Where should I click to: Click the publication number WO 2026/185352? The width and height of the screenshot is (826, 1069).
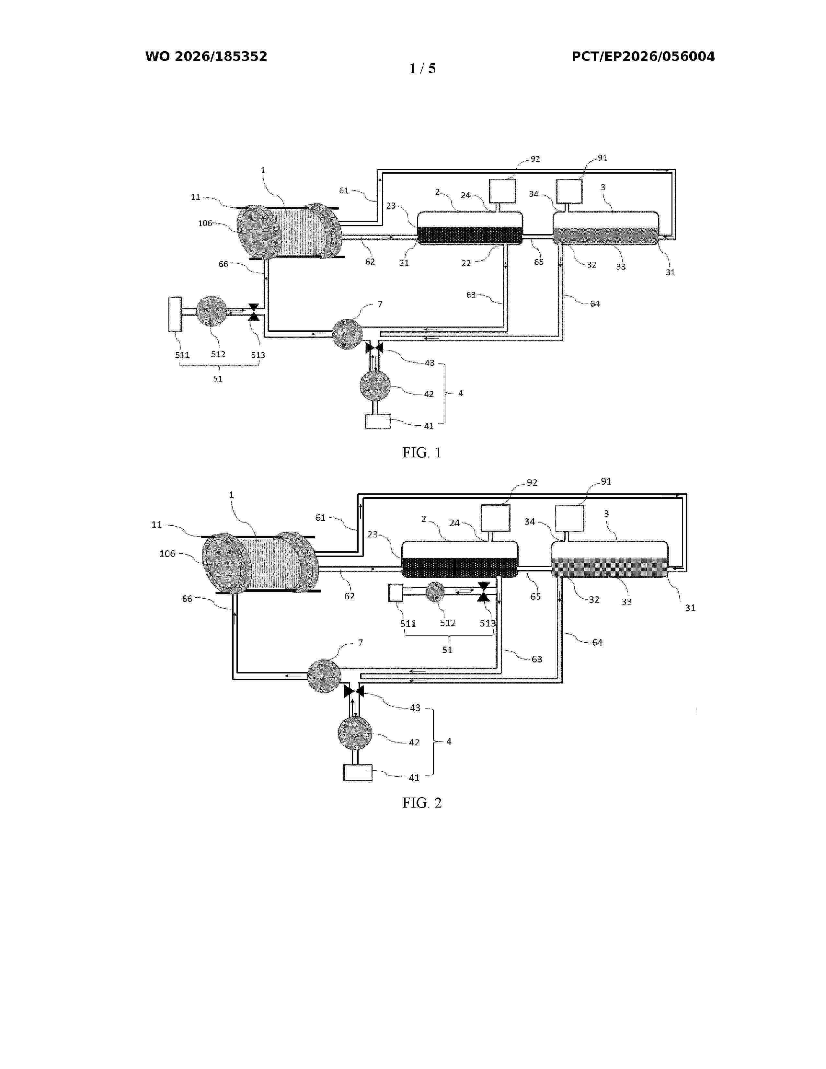coord(206,56)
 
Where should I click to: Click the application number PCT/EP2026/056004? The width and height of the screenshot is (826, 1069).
coord(643,56)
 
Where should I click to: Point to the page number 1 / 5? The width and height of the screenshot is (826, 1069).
coord(422,69)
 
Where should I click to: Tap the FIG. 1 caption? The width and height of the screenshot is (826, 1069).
coord(422,453)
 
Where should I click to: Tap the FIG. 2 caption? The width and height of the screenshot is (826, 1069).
coord(422,803)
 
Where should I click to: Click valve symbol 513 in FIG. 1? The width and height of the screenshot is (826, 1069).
coord(254,312)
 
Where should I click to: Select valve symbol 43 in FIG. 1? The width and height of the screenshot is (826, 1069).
coord(374,348)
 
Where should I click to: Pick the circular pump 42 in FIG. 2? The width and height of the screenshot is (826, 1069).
coord(355,733)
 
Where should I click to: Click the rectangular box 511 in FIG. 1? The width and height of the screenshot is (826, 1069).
coord(175,314)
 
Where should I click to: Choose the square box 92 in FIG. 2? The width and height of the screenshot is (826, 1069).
coord(495,518)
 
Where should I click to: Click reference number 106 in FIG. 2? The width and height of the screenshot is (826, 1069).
coord(167,554)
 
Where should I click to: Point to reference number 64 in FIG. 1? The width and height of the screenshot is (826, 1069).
coord(594,304)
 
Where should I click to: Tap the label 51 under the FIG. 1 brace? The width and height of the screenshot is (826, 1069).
coord(218,378)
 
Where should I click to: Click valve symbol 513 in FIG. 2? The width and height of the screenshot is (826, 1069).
coord(484,592)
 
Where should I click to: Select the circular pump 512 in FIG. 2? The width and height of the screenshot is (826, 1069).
coord(435,592)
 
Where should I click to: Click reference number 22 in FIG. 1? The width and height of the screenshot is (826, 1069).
coord(466,263)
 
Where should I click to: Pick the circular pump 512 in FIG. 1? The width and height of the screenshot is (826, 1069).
coord(212,311)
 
